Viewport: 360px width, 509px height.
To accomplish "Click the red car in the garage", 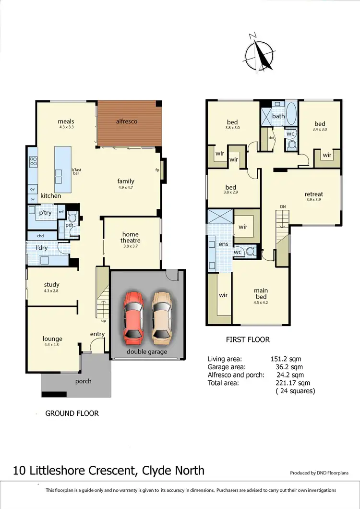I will point(133,317).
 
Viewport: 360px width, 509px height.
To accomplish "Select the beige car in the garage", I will point(161,317).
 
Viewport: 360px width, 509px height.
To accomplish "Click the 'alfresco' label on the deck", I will point(127,121).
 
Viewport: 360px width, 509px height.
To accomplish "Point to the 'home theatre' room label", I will point(130,238).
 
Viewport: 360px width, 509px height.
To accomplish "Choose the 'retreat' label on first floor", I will point(314,194).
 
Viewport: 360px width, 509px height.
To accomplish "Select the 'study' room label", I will point(51,285).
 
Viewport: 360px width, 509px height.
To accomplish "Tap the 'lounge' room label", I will point(52,339).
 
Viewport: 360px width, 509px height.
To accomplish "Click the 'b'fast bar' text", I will point(76,170).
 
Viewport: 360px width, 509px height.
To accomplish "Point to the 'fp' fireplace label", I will point(157,170).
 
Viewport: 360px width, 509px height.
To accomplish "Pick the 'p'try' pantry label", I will point(45,213).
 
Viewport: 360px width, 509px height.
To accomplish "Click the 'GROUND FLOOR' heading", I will point(72,413).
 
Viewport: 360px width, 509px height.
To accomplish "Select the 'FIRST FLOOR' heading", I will point(248,339).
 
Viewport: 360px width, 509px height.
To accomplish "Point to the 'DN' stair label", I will point(283,206).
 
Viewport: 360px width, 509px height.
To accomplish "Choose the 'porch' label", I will point(83,381).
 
